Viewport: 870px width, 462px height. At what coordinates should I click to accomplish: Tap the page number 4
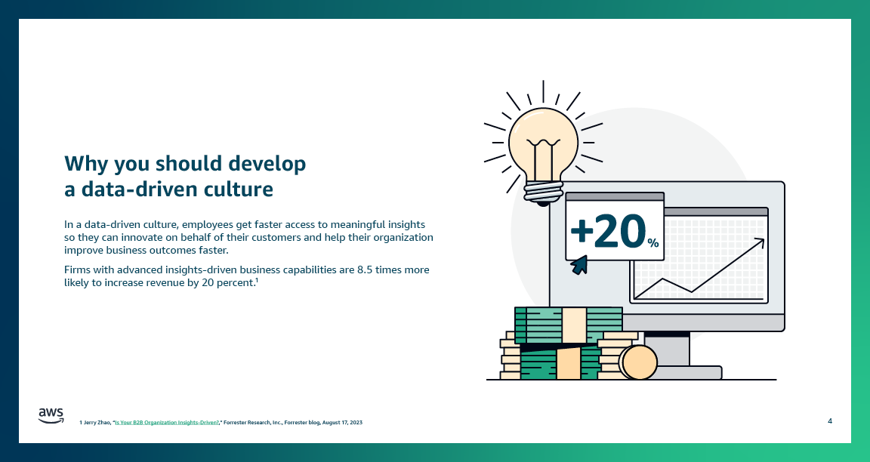830,420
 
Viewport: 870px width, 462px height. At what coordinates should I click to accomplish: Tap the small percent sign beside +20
652,243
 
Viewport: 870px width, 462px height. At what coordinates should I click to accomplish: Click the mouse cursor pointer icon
579,264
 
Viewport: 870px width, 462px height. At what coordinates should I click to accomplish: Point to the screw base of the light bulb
543,192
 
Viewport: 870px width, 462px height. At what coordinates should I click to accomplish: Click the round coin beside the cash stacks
639,362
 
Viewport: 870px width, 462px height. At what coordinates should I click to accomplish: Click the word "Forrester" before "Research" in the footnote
239,423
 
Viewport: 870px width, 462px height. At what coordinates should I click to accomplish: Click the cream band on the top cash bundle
575,325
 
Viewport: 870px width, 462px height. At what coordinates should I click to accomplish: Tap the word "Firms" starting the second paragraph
78,269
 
